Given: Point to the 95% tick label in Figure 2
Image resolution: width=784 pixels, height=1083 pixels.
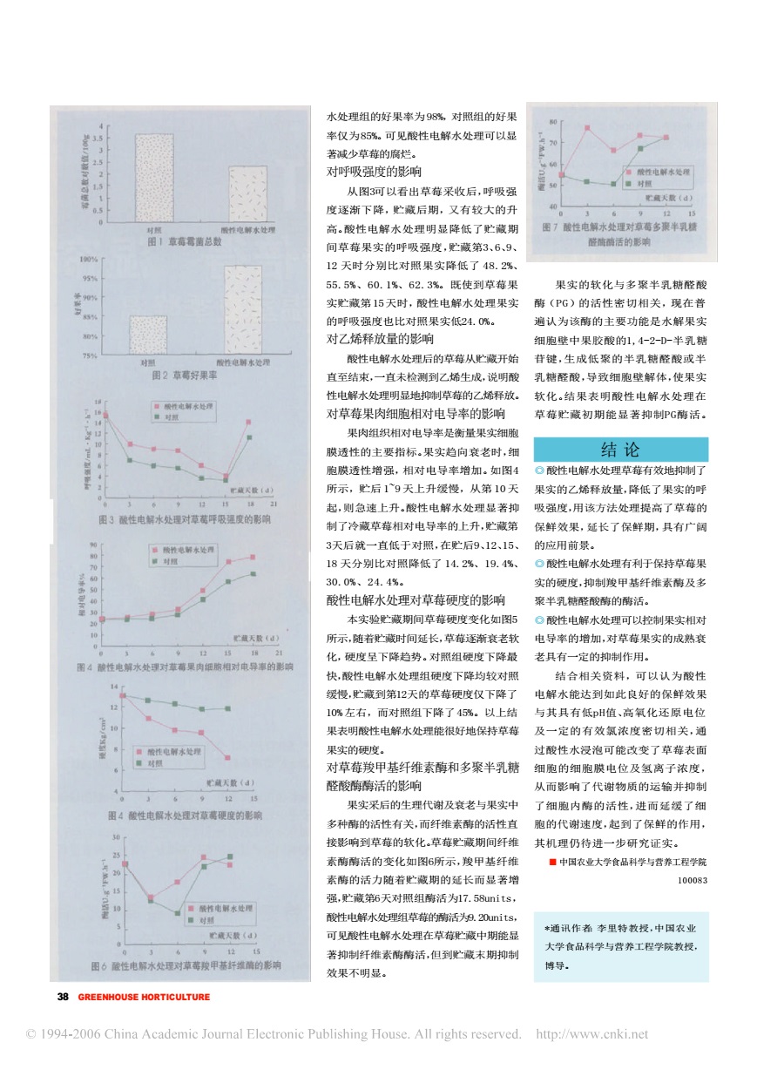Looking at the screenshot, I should click(89, 279).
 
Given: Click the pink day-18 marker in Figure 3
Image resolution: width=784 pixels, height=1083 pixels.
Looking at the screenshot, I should click(250, 423).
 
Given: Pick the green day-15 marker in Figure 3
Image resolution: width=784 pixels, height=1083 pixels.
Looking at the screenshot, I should click(225, 479).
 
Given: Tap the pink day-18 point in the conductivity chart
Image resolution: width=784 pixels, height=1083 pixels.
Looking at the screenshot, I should click(253, 557).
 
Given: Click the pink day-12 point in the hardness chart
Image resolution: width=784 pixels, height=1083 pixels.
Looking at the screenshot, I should click(227, 757).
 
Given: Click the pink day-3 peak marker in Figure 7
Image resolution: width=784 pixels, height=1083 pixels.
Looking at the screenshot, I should click(588, 128).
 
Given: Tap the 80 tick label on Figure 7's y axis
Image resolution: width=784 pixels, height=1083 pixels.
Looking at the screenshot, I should click(553, 123).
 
